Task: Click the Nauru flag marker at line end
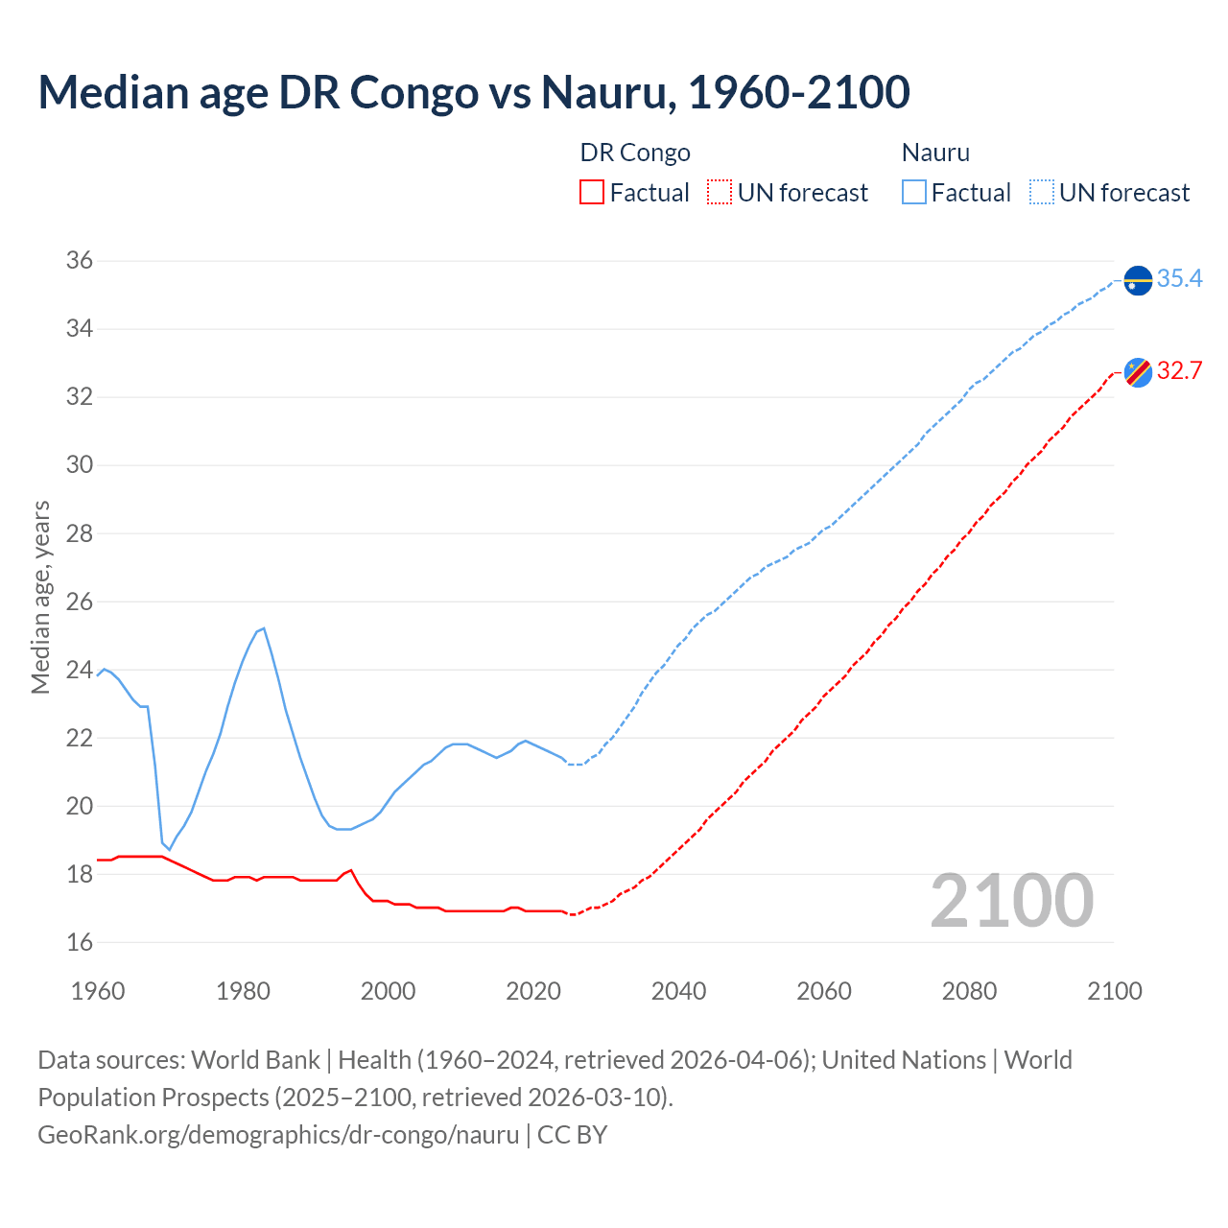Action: (x=1138, y=281)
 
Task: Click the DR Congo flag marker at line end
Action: (x=1138, y=372)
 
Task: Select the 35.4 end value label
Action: (x=1179, y=278)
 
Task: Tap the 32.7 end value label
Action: (x=1179, y=370)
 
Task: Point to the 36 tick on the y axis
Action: (x=80, y=261)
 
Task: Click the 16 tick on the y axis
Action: (x=80, y=942)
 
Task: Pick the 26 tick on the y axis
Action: (x=80, y=602)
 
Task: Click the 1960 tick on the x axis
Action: (x=98, y=991)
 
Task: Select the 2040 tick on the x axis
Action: (x=678, y=991)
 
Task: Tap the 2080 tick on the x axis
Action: (x=969, y=991)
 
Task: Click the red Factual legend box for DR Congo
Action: (x=592, y=193)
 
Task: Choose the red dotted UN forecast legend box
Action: (x=720, y=193)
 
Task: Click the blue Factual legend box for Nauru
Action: (x=914, y=193)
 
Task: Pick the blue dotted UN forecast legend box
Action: (x=1042, y=193)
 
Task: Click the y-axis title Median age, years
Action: (x=40, y=597)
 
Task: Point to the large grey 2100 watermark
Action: (x=1012, y=901)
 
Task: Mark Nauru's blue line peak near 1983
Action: (x=263, y=628)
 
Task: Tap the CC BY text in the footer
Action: (x=572, y=1134)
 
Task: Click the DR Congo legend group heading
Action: (x=635, y=153)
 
